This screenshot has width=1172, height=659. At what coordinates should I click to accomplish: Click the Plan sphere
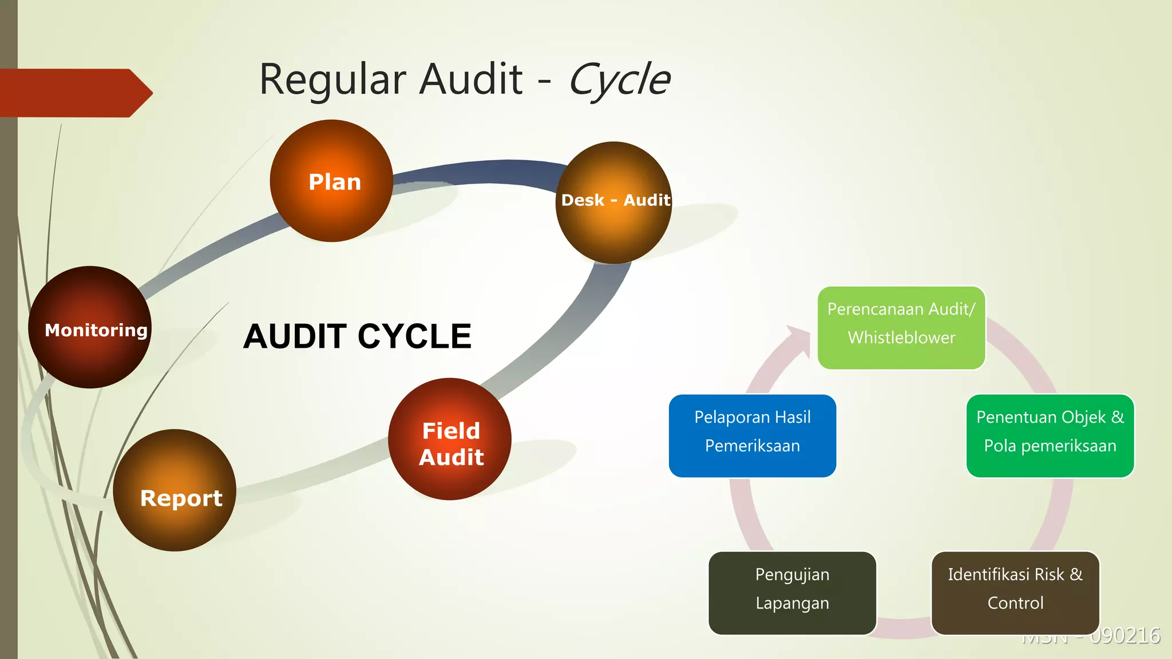(x=331, y=181)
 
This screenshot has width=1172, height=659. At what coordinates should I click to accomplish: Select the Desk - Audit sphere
(x=613, y=203)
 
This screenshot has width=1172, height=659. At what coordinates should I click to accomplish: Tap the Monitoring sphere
(x=90, y=327)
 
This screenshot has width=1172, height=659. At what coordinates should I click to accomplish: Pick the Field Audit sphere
(x=450, y=439)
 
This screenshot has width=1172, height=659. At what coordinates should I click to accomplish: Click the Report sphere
(x=175, y=491)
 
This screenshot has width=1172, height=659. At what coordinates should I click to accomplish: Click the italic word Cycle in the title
(x=619, y=80)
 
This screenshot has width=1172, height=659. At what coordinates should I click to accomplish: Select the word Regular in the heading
(x=332, y=80)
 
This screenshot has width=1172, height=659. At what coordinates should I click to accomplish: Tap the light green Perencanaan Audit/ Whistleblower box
(x=901, y=328)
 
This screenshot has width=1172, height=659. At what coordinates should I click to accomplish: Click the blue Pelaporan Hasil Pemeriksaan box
(x=753, y=436)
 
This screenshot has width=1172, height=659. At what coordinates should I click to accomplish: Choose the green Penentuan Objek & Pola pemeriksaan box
(x=1050, y=436)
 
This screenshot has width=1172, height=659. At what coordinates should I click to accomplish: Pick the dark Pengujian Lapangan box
(x=792, y=593)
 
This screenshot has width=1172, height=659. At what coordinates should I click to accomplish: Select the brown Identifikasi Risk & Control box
(x=1015, y=593)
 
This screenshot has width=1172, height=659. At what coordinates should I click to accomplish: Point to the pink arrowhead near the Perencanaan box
(x=799, y=340)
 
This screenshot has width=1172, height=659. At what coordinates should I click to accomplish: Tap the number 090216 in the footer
(x=1125, y=636)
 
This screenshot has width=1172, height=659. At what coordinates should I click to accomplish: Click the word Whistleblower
(x=901, y=338)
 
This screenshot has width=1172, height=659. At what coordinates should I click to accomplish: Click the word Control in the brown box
(x=1015, y=603)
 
